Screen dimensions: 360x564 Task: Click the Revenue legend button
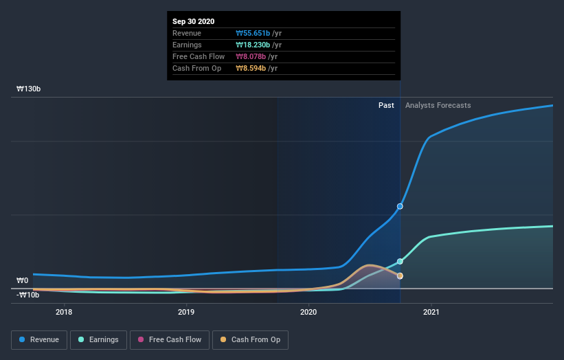coord(40,339)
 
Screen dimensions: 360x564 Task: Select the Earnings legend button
coord(99,339)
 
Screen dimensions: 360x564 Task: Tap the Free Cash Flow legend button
coord(167,339)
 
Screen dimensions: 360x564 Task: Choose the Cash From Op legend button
coord(250,339)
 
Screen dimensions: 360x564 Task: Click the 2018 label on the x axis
coord(64,313)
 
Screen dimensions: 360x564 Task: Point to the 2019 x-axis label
coord(186,313)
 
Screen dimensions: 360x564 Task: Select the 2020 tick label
coord(309,313)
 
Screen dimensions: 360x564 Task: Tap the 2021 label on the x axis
coord(431,313)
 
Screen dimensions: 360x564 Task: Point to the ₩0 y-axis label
coord(23,280)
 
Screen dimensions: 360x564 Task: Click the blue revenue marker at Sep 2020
coord(400,206)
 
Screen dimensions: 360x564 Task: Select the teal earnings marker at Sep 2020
coord(400,261)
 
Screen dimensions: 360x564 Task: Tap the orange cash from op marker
coord(400,275)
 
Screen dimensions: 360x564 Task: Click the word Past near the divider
coord(386,105)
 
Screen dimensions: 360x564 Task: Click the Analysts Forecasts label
coord(438,105)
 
